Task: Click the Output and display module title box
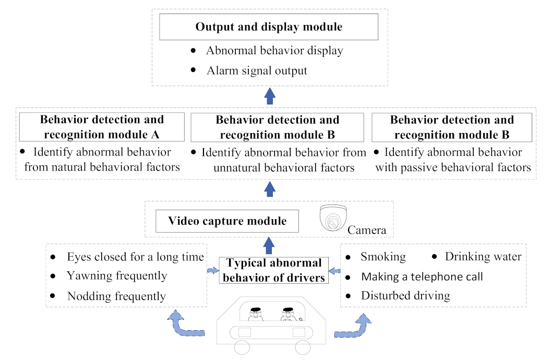pyautogui.click(x=269, y=27)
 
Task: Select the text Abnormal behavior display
pyautogui.click(x=274, y=51)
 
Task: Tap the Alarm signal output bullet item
pyautogui.click(x=256, y=70)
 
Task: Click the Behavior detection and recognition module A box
pyautogui.click(x=102, y=127)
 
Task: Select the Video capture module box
pyautogui.click(x=227, y=221)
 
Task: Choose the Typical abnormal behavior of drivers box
pyautogui.click(x=274, y=270)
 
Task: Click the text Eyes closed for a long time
pyautogui.click(x=135, y=257)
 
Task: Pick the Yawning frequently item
pyautogui.click(x=117, y=275)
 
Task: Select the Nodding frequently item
pyautogui.click(x=116, y=296)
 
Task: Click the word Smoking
pyautogui.click(x=383, y=257)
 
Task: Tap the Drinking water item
pyautogui.click(x=483, y=257)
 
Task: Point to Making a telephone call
pyautogui.click(x=422, y=277)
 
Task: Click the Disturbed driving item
pyautogui.click(x=405, y=296)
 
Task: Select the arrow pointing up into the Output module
pyautogui.click(x=269, y=96)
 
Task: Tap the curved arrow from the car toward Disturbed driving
pyautogui.click(x=355, y=327)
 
